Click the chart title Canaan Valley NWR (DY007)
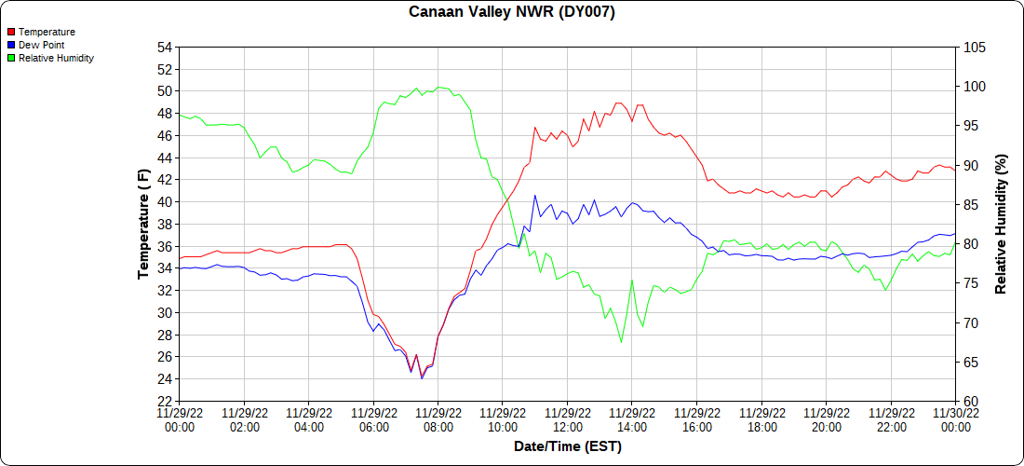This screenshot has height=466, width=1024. click(512, 12)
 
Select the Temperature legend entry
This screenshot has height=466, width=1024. click(46, 32)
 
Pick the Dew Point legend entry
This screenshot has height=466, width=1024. click(41, 45)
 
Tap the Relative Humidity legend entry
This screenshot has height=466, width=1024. click(56, 58)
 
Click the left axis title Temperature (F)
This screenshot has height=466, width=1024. click(143, 224)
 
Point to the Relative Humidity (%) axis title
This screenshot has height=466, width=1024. click(1001, 224)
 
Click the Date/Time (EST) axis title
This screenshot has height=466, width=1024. click(567, 446)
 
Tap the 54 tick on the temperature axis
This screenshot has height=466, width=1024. click(165, 48)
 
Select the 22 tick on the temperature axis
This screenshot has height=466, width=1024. click(165, 402)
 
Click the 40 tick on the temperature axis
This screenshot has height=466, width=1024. click(165, 202)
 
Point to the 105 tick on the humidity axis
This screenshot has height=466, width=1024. click(974, 48)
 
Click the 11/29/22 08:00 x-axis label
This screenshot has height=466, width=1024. click(438, 420)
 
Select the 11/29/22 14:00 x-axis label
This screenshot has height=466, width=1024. click(632, 420)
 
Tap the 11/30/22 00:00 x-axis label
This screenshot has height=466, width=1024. click(955, 420)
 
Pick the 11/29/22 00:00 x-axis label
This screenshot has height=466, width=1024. click(180, 420)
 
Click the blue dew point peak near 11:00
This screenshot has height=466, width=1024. click(535, 195)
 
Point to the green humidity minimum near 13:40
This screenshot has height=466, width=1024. click(621, 342)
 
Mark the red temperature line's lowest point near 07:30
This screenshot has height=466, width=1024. click(422, 377)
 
